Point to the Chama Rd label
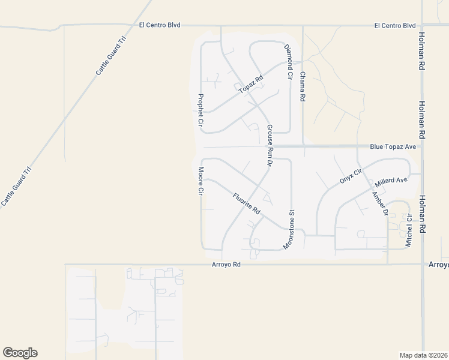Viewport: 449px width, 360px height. (x=303, y=86)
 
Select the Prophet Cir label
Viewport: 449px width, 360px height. (x=200, y=110)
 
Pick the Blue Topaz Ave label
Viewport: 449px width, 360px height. (x=393, y=146)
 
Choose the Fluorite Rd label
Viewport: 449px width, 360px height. (x=246, y=202)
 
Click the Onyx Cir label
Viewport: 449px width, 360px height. (x=351, y=175)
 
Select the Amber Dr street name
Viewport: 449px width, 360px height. (x=380, y=204)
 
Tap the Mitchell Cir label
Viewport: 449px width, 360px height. (x=409, y=232)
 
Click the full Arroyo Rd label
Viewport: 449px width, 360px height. (x=226, y=264)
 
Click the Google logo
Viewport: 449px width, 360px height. (x=20, y=353)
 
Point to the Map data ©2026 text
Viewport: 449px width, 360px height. (x=424, y=355)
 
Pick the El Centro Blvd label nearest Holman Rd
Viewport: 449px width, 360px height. (x=394, y=26)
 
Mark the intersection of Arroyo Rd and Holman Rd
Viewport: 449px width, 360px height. (x=423, y=264)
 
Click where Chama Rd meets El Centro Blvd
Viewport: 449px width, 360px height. (x=303, y=26)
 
